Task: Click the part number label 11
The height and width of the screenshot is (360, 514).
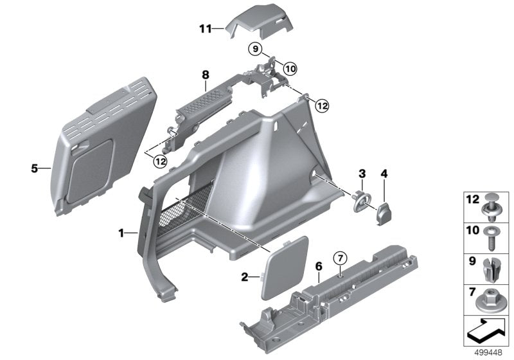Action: pos(204,29)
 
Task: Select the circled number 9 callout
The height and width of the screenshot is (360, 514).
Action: pos(254,49)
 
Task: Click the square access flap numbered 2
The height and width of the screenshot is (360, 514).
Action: pos(284,267)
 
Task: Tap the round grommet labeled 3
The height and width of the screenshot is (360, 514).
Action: pos(362,200)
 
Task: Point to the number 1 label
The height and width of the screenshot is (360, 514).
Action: pos(121,233)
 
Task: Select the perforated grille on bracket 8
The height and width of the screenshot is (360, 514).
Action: pos(204,100)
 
